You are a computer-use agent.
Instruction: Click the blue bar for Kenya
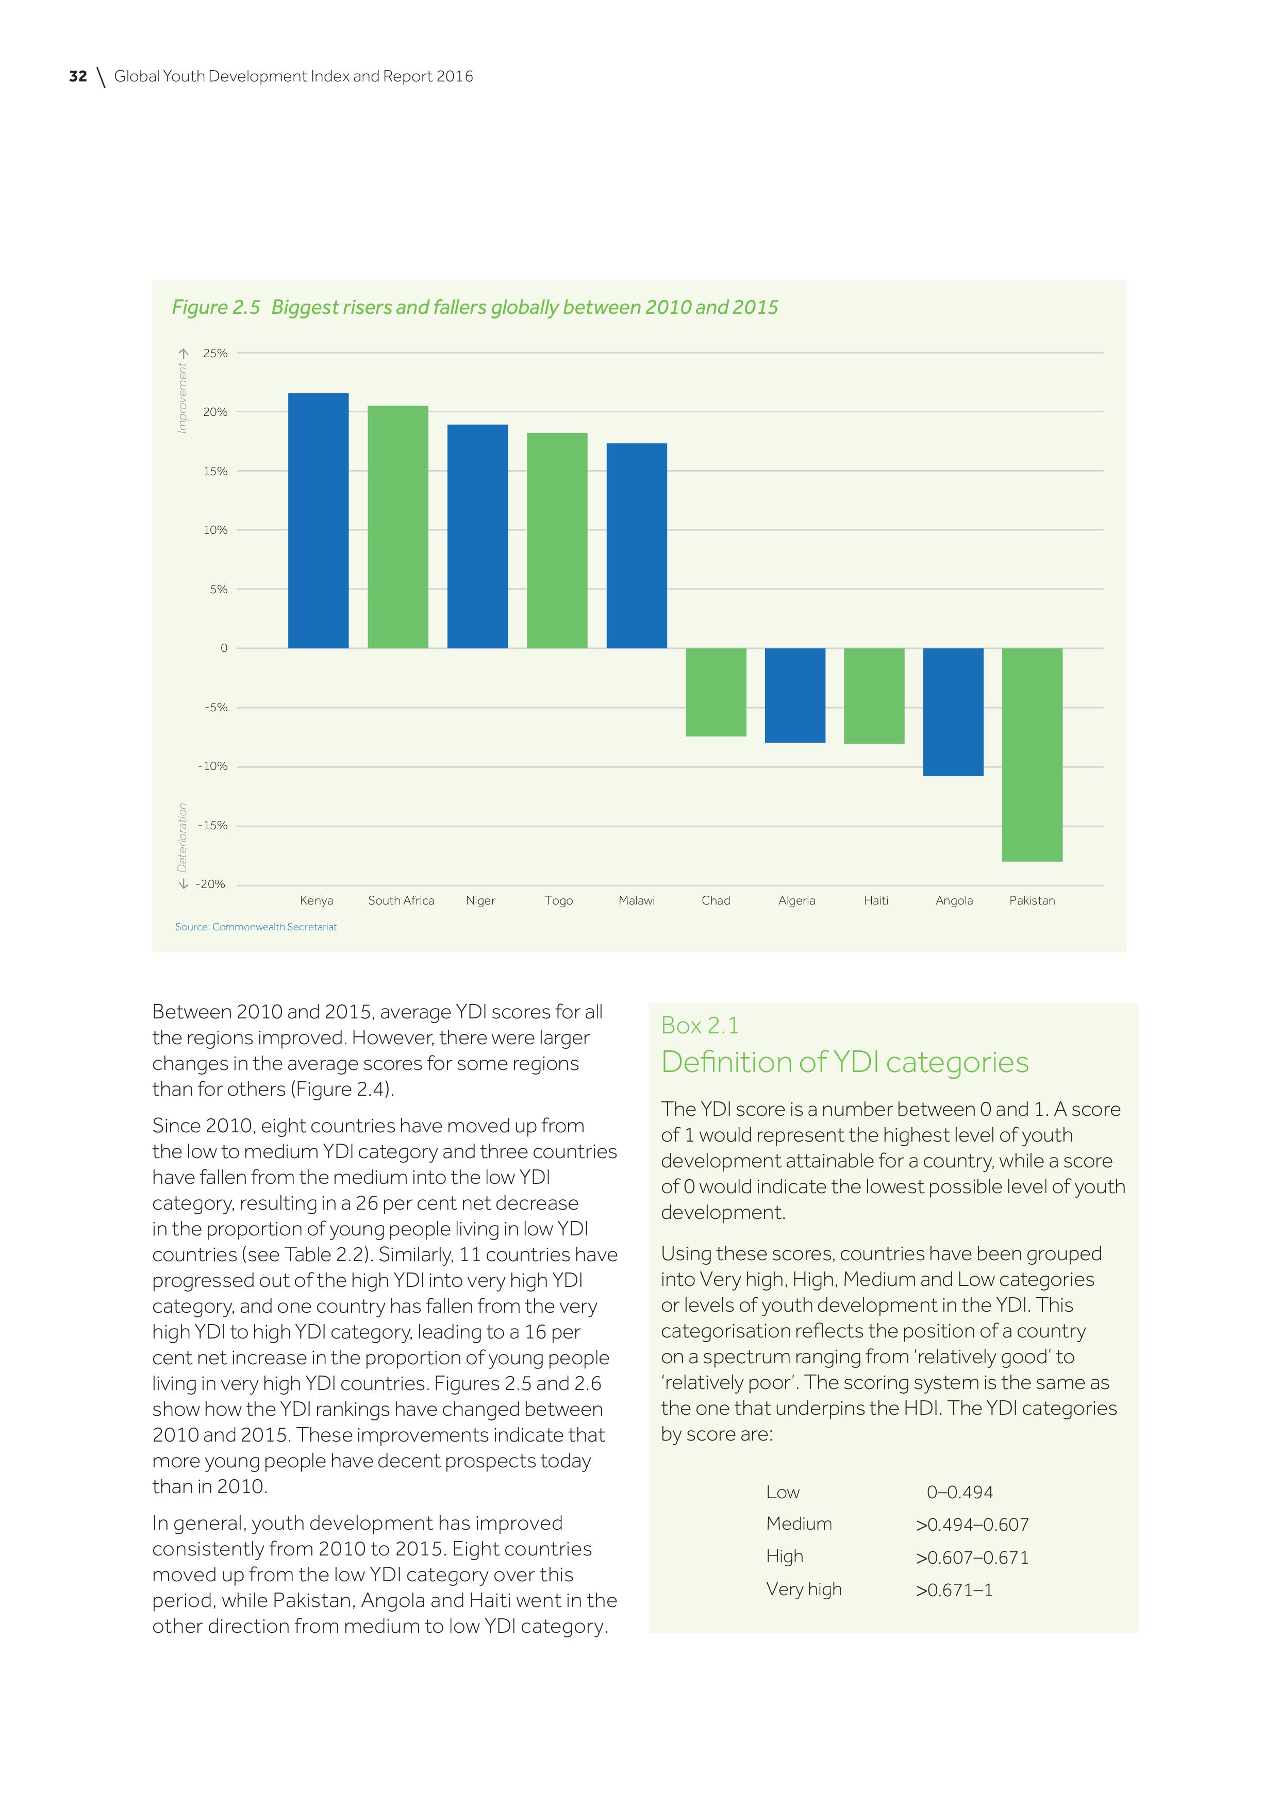(x=318, y=521)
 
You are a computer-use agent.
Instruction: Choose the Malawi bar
(x=636, y=546)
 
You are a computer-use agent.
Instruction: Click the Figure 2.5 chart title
(x=475, y=307)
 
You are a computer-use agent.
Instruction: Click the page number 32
(x=78, y=76)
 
